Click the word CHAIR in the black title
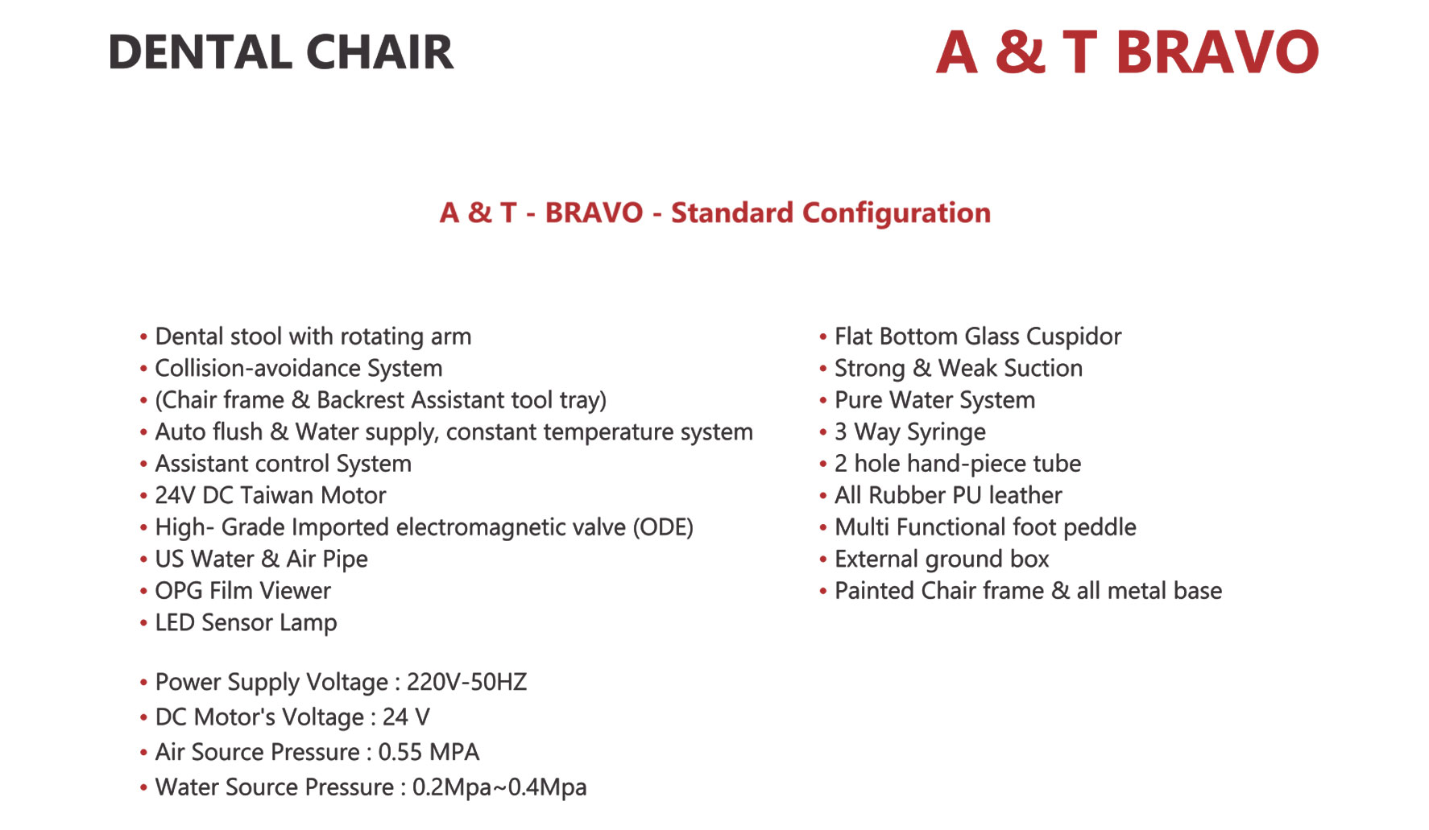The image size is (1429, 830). coord(379,52)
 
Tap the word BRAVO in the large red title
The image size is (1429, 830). coord(1217,52)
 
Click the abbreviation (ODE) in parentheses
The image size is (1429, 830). coord(663,527)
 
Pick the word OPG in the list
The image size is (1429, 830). coord(179,591)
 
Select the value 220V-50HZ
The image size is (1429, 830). coord(466,683)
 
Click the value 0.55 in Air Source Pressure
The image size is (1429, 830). coord(400,753)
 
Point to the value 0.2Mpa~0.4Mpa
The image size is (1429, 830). coord(499,787)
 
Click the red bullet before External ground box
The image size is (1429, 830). coord(822,560)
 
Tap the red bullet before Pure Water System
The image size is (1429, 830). coord(822,401)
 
